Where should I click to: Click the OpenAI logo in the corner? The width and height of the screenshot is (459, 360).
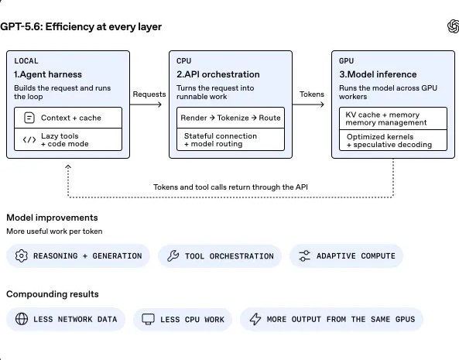[454, 26]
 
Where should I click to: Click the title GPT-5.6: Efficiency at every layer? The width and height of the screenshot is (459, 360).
[80, 26]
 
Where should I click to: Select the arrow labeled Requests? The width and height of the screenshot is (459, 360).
[146, 105]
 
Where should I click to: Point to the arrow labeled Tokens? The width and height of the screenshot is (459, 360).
[308, 105]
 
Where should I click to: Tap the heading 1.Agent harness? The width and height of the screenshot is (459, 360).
[48, 74]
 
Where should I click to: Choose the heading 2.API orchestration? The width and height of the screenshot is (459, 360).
[218, 74]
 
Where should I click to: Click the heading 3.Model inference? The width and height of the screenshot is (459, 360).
[378, 74]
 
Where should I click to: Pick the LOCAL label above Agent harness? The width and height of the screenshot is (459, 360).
[26, 61]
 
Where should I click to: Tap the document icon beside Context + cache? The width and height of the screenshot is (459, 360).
[29, 118]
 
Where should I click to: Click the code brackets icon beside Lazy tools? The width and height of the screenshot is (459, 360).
[29, 139]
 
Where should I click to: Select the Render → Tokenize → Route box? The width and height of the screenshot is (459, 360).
[231, 118]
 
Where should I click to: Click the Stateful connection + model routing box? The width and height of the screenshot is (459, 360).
[231, 139]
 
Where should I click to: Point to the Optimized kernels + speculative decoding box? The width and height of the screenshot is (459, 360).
[393, 140]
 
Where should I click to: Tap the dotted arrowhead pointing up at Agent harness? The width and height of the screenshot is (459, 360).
[68, 166]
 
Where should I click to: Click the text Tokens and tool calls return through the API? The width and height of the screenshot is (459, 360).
[231, 187]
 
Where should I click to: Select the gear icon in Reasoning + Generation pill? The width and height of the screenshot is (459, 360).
[22, 255]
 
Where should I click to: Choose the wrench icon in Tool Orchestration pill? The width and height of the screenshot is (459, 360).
[173, 255]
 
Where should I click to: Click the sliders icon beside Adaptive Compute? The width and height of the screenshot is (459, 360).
[304, 255]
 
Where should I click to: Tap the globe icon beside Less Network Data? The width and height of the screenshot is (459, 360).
[22, 319]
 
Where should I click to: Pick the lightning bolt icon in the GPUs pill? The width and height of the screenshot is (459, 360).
[255, 319]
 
